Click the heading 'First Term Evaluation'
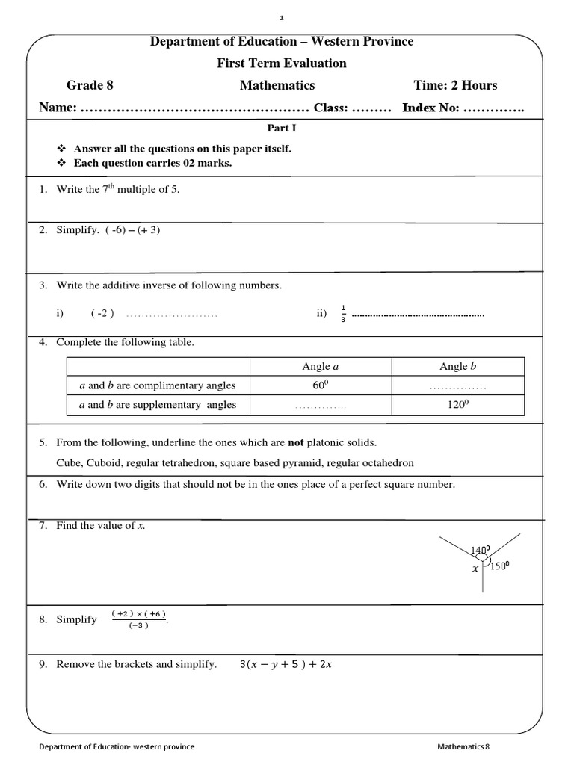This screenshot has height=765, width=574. point(282,64)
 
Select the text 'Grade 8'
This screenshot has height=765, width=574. point(90,85)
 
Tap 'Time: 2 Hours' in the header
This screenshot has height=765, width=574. point(455,85)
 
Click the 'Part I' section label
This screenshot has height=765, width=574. point(282,128)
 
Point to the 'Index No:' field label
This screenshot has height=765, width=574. point(430,108)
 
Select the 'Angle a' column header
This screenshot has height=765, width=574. point(320,366)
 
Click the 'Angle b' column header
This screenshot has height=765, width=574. point(457,366)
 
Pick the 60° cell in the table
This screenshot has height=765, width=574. point(320,385)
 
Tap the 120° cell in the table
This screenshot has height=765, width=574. point(457,405)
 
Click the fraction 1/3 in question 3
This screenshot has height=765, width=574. point(343,314)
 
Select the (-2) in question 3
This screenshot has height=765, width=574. point(102,314)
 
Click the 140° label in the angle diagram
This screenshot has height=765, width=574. point(480,551)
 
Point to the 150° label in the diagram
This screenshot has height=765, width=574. point(499,566)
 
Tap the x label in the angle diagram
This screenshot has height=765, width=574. point(475,569)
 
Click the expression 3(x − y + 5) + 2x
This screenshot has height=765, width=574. point(286,664)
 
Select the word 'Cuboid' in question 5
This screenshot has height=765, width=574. point(102,462)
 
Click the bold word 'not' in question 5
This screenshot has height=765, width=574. point(296,442)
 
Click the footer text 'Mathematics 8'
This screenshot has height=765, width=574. point(463,746)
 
